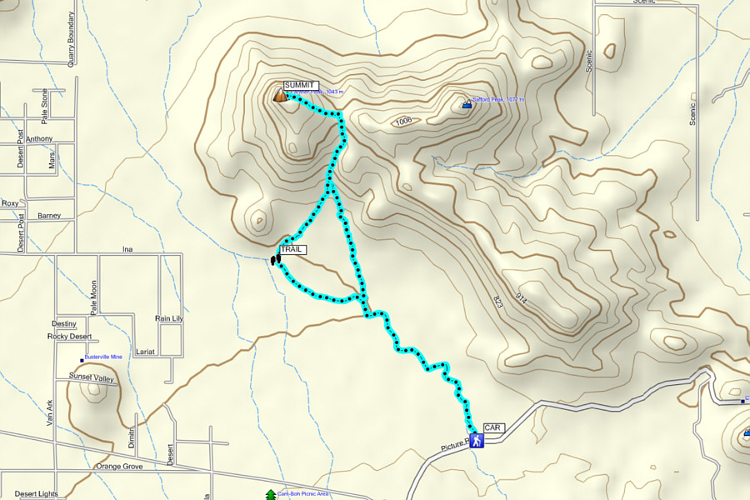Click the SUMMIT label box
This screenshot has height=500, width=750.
tap(301, 85)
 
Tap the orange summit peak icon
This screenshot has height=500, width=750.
tap(280, 96)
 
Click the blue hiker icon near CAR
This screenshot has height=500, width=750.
tap(476, 441)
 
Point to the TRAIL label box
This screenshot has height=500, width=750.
tap(292, 249)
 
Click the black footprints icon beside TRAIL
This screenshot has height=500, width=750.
tap(273, 261)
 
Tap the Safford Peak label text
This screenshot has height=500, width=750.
tap(498, 99)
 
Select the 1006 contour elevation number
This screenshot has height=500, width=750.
tap(404, 121)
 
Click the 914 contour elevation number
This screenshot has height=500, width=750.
tap(522, 296)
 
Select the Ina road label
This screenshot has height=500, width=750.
tap(127, 249)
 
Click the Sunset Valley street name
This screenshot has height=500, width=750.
tap(92, 377)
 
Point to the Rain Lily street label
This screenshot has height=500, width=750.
tap(168, 318)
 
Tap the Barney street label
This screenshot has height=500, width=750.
tap(48, 215)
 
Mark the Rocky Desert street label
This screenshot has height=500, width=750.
tap(70, 337)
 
